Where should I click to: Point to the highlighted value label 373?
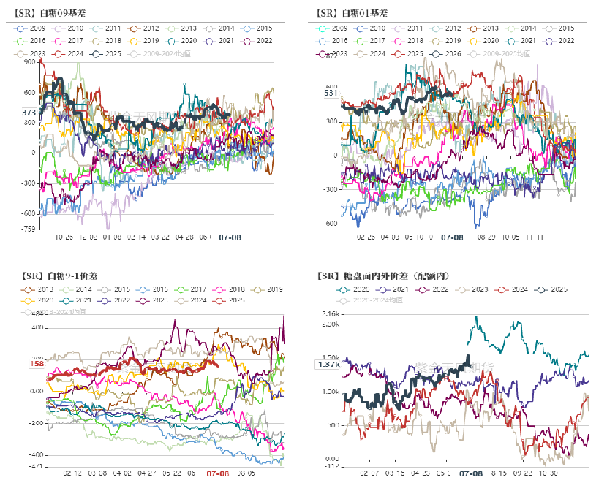pos(29,113)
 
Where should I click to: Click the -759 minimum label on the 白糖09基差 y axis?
pos(29,229)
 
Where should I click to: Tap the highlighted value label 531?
pos(331,93)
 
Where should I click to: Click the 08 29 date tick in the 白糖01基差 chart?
pos(486,237)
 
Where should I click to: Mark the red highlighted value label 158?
pos(37,364)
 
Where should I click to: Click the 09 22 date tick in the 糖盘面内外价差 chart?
pos(522,473)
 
